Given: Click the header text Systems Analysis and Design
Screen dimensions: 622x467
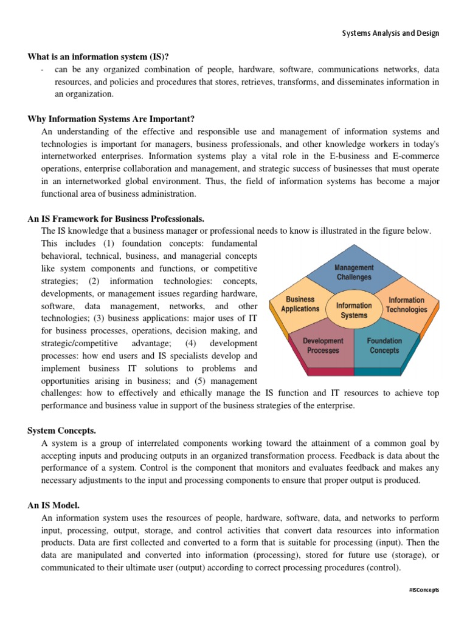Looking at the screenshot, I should click(x=390, y=33).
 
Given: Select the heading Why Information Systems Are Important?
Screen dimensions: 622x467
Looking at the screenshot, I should click(x=111, y=118).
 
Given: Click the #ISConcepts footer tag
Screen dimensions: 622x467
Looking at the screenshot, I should click(x=424, y=590).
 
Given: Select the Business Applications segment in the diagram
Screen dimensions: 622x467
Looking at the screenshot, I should click(x=300, y=304).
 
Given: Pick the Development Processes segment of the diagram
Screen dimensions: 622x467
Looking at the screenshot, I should click(x=323, y=346).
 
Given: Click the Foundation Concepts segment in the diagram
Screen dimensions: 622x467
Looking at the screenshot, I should click(x=384, y=346).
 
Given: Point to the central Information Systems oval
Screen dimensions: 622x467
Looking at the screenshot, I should click(x=354, y=310).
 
